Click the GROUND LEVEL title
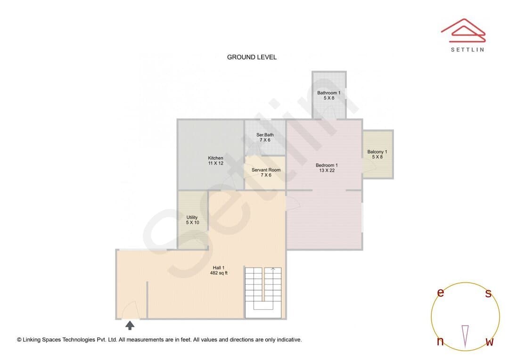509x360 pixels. tap(252, 57)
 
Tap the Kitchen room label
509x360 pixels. tap(215, 158)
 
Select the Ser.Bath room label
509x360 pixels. tap(265, 135)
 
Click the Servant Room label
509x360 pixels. tap(266, 170)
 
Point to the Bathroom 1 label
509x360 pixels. tap(329, 93)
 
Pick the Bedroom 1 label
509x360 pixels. tap(327, 165)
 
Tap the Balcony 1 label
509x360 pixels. tap(377, 152)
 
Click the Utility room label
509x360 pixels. tap(192, 217)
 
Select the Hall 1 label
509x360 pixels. tap(219, 268)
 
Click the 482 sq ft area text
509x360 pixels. tap(219, 273)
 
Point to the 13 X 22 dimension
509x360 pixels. tap(327, 171)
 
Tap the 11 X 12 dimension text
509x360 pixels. tap(215, 164)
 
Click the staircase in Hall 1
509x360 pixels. tap(263, 293)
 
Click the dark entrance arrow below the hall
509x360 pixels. tap(130, 325)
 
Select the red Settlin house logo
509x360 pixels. tap(463, 31)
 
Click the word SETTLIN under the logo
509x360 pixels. tap(468, 49)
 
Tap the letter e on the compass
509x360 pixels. tap(441, 293)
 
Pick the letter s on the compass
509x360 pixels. tap(488, 293)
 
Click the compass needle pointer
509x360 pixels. tap(465, 336)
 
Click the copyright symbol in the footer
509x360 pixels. tap(19, 340)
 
